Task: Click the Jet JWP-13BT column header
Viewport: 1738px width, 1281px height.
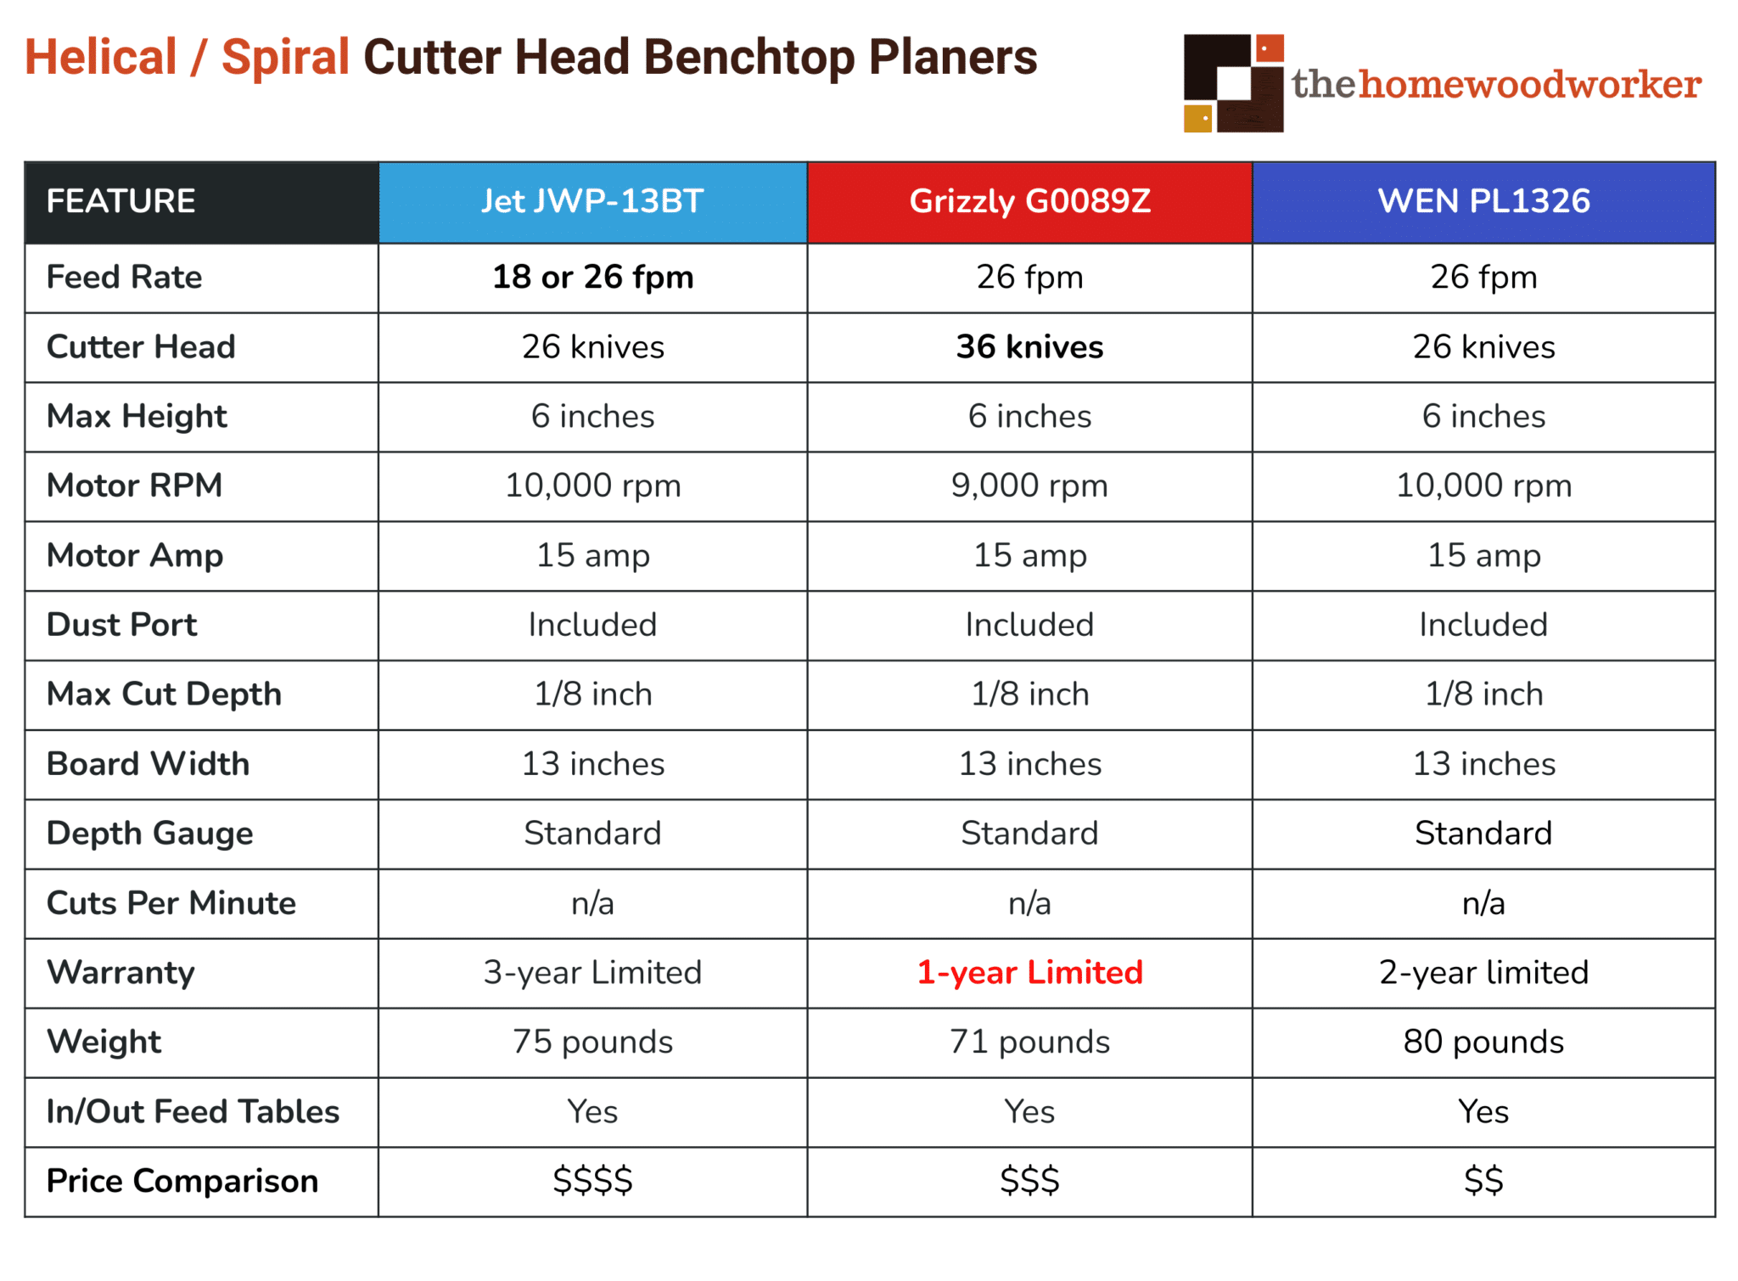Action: (592, 202)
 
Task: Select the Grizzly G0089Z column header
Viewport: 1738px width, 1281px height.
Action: (1029, 202)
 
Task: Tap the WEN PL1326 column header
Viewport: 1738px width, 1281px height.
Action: (1483, 202)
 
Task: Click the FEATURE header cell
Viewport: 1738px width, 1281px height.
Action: (121, 202)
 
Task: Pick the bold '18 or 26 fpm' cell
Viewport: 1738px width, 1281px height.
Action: (592, 278)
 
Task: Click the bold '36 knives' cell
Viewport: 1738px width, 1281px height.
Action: (1029, 347)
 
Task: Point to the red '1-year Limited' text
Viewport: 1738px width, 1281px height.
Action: (1029, 973)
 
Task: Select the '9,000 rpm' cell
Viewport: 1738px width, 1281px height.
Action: (1029, 486)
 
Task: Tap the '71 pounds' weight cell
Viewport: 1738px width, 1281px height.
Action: (1029, 1042)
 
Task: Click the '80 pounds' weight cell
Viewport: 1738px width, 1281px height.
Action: (1483, 1042)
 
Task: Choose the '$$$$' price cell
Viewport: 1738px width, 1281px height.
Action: (592, 1182)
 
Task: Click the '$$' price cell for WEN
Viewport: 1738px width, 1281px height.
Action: (1483, 1182)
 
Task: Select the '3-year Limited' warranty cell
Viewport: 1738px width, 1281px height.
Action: (592, 973)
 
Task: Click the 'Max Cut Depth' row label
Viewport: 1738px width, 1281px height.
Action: (164, 694)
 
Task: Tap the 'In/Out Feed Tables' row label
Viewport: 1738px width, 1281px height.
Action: (193, 1112)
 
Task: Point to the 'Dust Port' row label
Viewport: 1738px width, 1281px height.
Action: (121, 626)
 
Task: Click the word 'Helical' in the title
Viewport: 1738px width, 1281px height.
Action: (100, 58)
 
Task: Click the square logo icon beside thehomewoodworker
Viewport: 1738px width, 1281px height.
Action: (1233, 83)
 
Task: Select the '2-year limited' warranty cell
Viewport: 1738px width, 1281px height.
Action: (1483, 973)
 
